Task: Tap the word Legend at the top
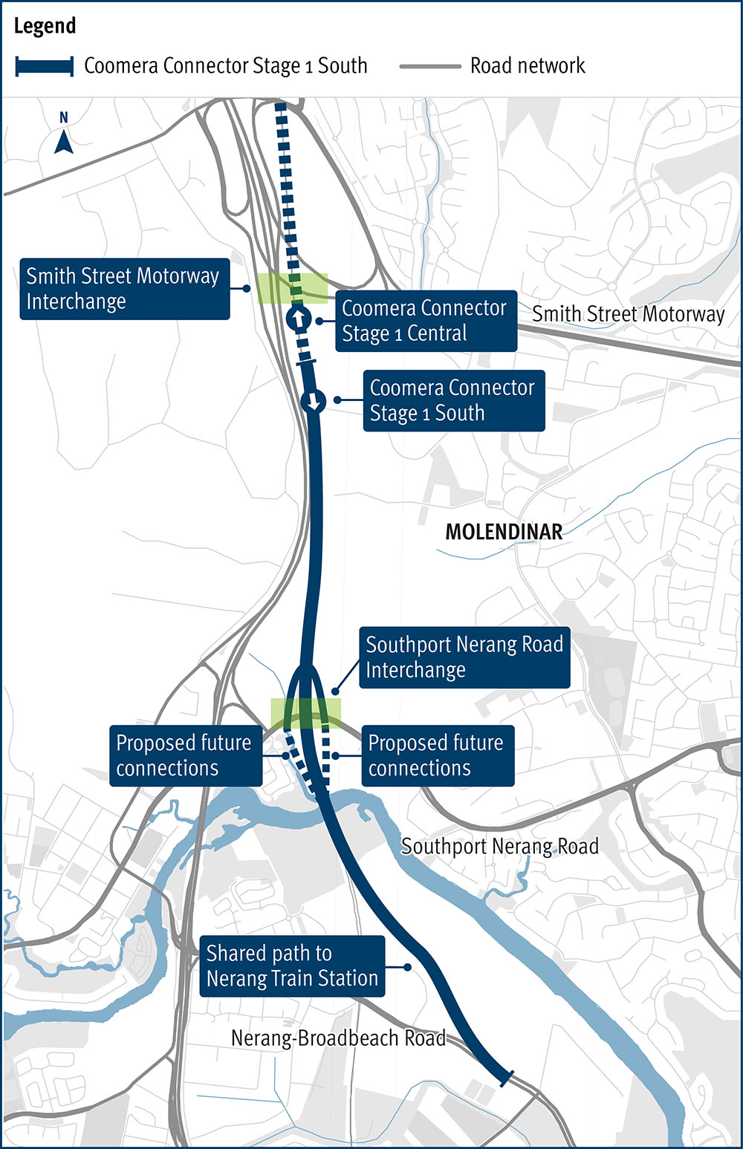point(45,26)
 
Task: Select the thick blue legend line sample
point(45,66)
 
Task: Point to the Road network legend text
point(528,66)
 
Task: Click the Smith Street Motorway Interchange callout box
point(124,289)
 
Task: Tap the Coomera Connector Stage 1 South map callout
point(452,400)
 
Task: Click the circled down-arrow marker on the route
point(314,402)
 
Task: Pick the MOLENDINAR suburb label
point(504,532)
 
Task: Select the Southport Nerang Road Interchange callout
point(464,657)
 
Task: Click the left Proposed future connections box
point(184,755)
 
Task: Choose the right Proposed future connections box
point(436,755)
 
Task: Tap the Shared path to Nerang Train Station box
point(292,966)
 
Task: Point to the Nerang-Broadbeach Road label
point(338,1038)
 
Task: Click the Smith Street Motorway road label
point(628,314)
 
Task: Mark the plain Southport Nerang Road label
point(499,846)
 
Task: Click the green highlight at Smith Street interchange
point(292,288)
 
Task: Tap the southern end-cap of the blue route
point(505,1078)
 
